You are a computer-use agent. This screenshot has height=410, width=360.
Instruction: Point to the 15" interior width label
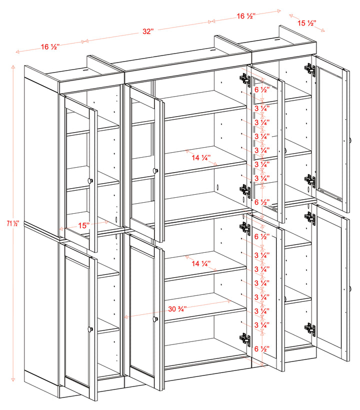83,226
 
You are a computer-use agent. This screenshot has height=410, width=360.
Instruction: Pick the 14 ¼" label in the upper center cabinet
201,157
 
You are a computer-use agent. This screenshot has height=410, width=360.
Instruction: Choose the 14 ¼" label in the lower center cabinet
201,263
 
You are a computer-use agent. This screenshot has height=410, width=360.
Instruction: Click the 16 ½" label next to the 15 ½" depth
246,16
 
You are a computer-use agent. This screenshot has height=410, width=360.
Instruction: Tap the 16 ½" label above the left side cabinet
50,47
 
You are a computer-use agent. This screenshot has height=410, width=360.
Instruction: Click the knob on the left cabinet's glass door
90,180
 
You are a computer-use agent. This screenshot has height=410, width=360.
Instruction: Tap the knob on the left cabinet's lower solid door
90,329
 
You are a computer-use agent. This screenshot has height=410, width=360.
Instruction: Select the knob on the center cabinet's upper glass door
155,171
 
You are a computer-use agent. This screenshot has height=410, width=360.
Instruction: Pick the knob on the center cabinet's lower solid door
155,318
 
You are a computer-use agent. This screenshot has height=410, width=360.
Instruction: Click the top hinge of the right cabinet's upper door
310,70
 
